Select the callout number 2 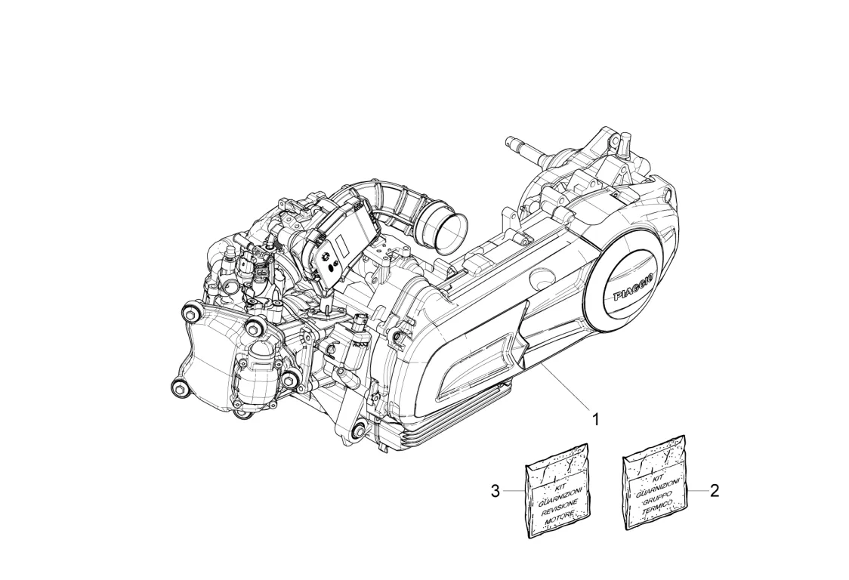click(714, 490)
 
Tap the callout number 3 click(496, 492)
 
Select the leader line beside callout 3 click(514, 492)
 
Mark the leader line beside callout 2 click(696, 490)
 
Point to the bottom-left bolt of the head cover click(179, 387)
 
